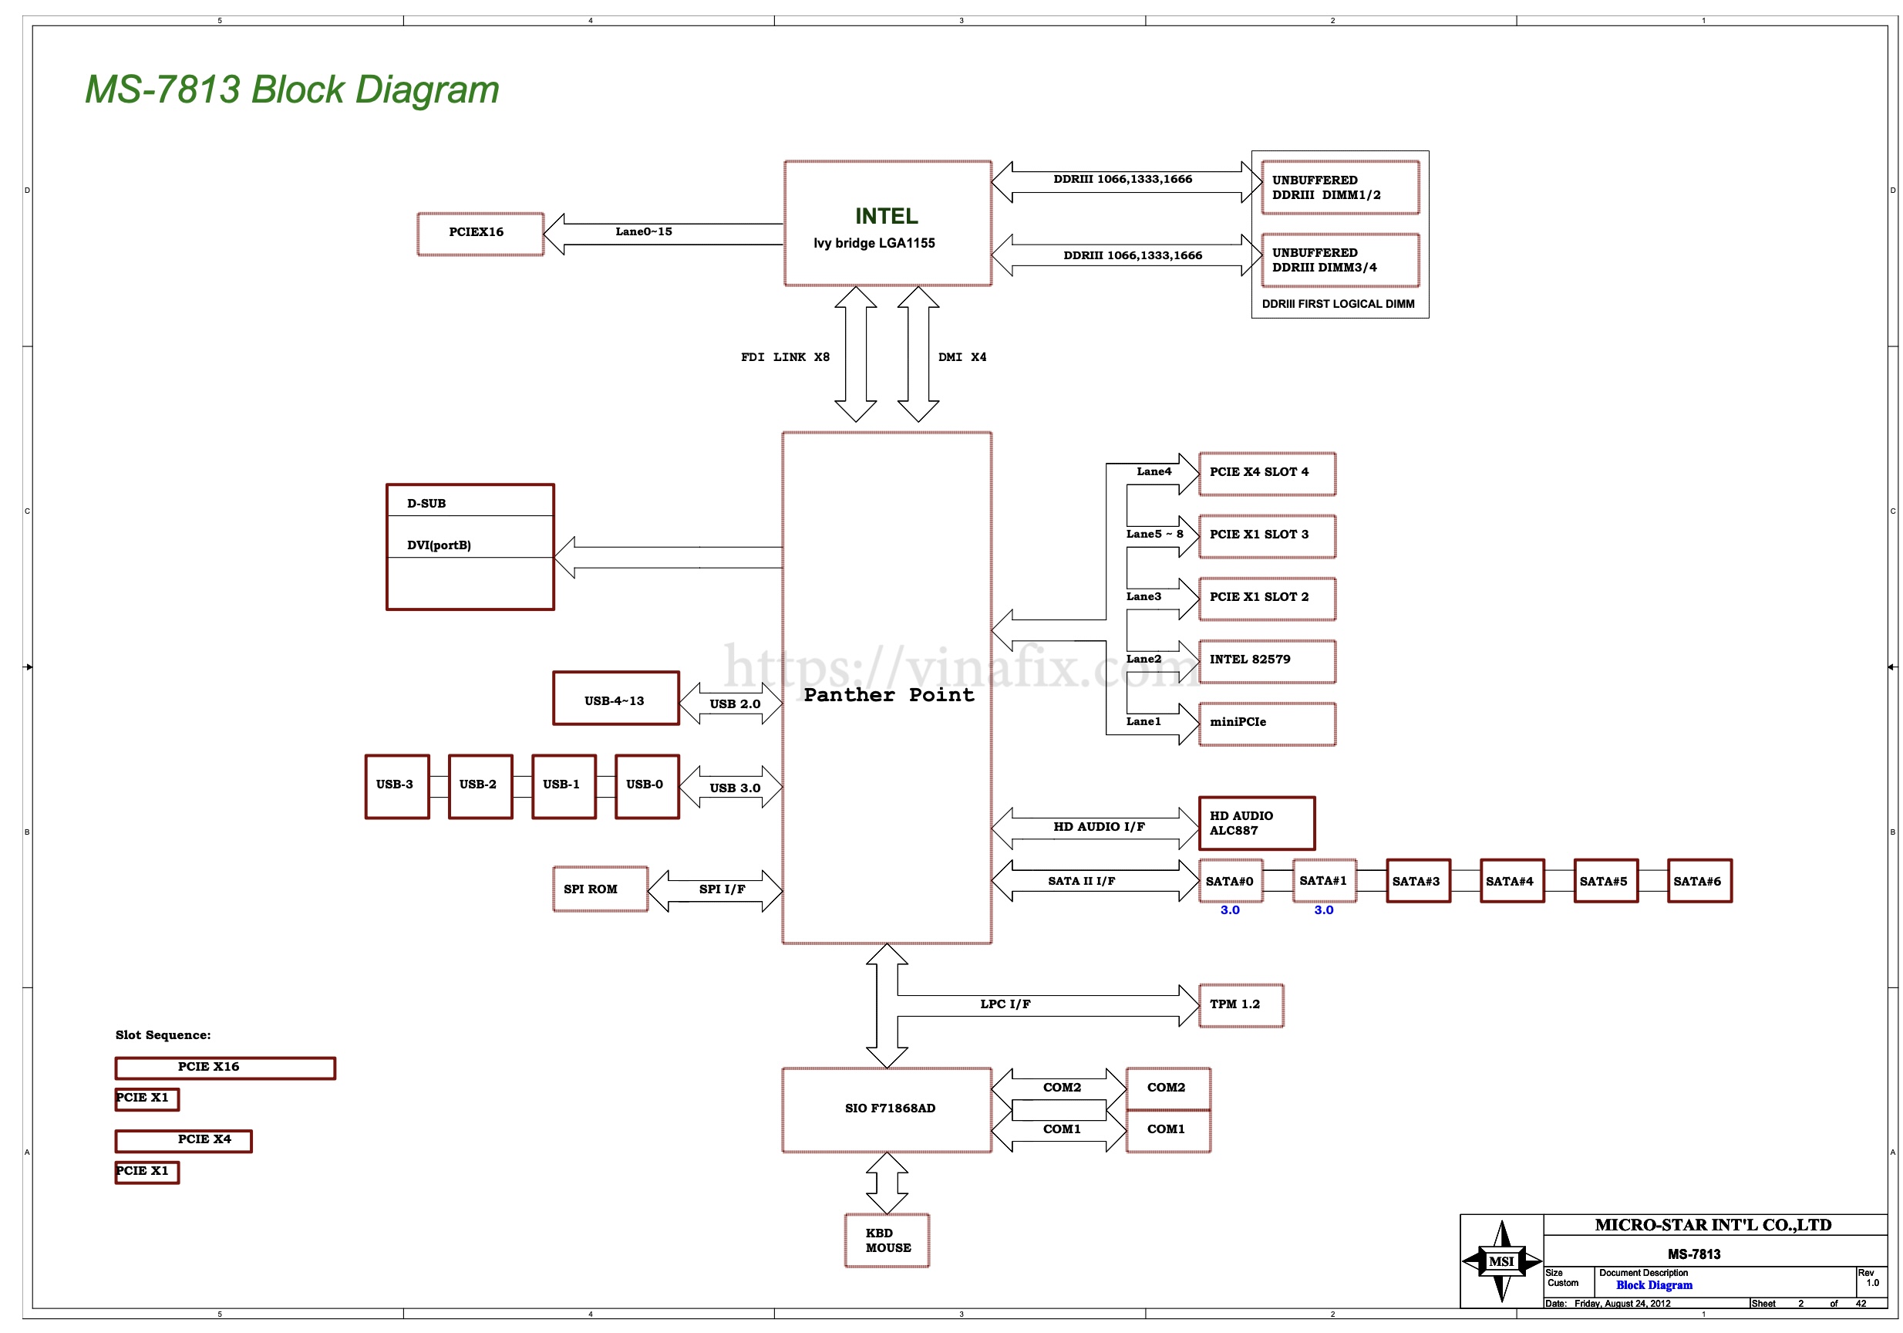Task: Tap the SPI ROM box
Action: click(x=599, y=889)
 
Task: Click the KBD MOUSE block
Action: click(x=886, y=1240)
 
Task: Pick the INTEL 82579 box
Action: click(x=1266, y=660)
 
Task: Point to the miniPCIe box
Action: click(x=1266, y=723)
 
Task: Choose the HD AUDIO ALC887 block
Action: click(x=1255, y=823)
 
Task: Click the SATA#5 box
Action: click(x=1605, y=880)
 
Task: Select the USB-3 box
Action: click(x=396, y=785)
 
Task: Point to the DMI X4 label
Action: click(x=962, y=357)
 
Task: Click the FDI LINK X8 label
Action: click(x=784, y=357)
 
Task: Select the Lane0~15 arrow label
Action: click(x=643, y=232)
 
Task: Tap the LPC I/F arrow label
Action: click(x=1005, y=1004)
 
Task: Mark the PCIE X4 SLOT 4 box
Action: click(x=1266, y=473)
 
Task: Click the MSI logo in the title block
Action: click(x=1501, y=1261)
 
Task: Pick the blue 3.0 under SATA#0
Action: click(x=1229, y=910)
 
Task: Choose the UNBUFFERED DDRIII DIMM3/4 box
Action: click(x=1339, y=260)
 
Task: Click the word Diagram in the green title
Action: click(x=427, y=89)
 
